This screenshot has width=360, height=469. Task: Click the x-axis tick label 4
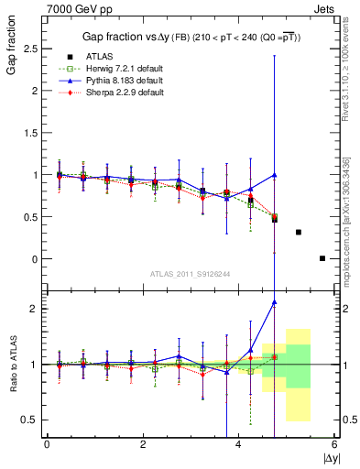[x=239, y=444]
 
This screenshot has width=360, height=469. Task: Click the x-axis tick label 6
[x=334, y=444]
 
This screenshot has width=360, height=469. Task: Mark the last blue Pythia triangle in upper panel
[x=275, y=174]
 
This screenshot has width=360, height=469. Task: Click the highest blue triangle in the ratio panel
[x=275, y=302]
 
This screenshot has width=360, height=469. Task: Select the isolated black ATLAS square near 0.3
[x=299, y=232]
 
